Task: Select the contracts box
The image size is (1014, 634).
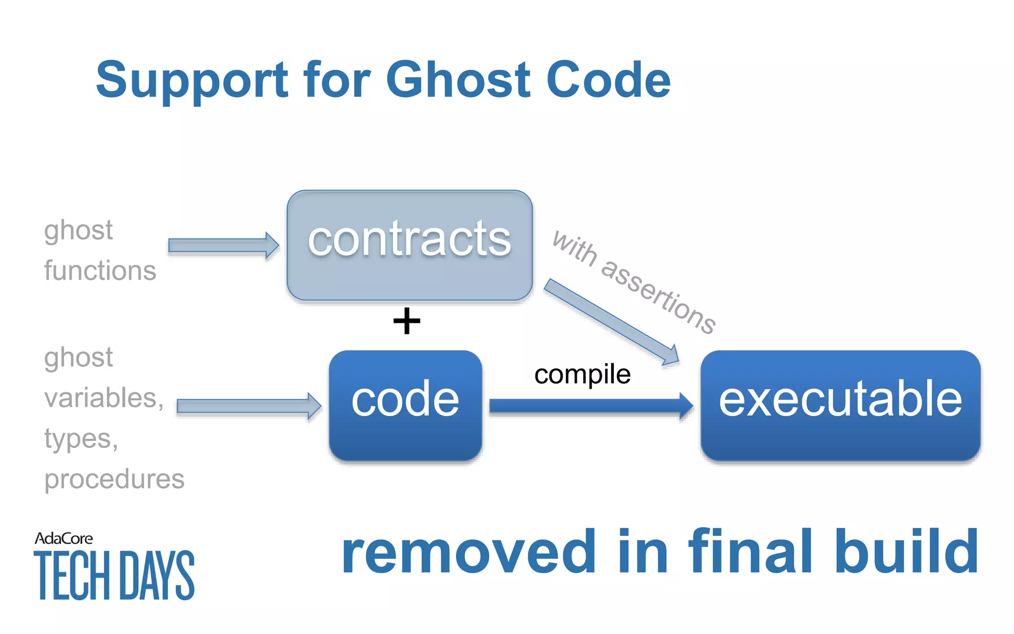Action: tap(409, 245)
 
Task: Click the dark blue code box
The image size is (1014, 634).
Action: tap(405, 405)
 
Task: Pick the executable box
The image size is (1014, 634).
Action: tap(840, 405)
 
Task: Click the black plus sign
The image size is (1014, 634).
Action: tap(406, 321)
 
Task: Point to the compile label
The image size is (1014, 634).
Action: tap(582, 374)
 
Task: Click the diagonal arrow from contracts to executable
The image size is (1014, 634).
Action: tap(611, 322)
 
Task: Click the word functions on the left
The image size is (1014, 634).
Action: tap(100, 271)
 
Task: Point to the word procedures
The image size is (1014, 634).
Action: tap(114, 479)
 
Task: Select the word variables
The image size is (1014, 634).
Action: tap(103, 398)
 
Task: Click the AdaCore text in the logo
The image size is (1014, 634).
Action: tap(64, 538)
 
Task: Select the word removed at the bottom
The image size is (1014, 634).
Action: tap(468, 551)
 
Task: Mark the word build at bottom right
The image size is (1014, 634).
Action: tap(906, 551)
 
